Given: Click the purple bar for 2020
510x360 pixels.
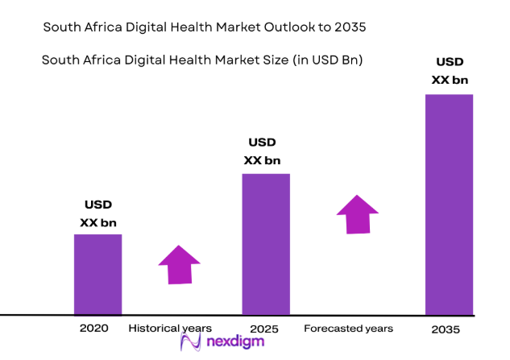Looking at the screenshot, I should coord(97,274).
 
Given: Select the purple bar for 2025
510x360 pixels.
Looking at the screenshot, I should coord(266,243).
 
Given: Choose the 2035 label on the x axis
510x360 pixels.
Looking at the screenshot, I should coord(446,329).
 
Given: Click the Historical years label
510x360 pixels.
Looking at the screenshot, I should coord(170,329).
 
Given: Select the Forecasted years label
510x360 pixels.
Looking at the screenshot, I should coord(348,329).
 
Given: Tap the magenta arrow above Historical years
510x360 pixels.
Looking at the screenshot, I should coord(179,265).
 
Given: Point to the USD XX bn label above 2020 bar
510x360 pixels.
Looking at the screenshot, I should coord(97,213).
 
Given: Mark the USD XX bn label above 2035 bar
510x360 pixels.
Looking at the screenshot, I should coord(449,71).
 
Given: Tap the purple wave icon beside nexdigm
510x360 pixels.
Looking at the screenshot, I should coord(191,343).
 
